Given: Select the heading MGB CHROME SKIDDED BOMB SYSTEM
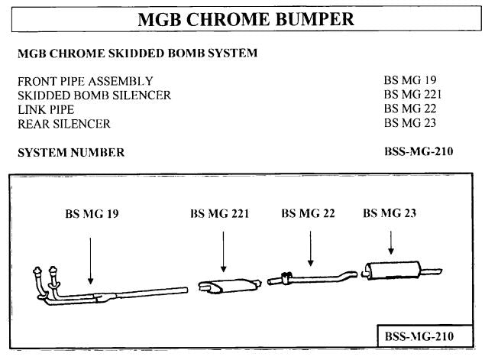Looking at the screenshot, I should [137, 54].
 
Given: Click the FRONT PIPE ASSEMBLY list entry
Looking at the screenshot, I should [85, 81].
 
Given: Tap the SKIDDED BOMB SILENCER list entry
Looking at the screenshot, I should [94, 95].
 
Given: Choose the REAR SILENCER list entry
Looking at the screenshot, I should [63, 123].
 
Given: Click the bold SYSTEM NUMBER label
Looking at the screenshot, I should [70, 152].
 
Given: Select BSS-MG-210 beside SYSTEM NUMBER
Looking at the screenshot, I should [419, 151].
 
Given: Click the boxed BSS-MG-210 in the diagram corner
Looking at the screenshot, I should [418, 336].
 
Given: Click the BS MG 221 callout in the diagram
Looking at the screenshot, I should [220, 214].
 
